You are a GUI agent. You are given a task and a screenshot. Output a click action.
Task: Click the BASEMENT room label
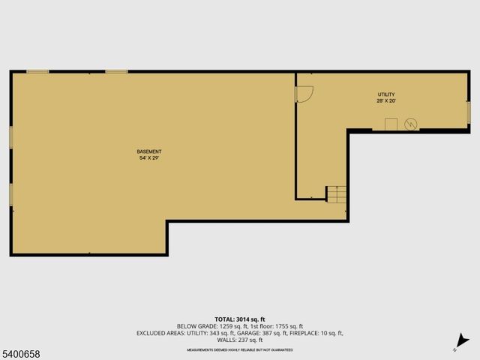149,151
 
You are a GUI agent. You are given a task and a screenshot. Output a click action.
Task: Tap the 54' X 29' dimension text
149,158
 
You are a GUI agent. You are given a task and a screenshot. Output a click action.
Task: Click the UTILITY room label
385,94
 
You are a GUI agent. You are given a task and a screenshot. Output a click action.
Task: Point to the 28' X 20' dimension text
385,100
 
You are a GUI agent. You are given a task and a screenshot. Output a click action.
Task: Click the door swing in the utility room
304,93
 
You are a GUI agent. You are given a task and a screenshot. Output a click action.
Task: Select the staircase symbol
337,193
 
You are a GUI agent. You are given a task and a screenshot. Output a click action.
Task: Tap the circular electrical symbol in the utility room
410,124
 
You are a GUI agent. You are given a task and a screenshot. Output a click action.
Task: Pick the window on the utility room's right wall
469,111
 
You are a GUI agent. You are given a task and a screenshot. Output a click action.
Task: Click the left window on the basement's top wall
37,72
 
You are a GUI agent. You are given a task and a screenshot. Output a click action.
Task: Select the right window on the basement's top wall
116,72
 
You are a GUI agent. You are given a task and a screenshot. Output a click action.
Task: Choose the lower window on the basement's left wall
10,194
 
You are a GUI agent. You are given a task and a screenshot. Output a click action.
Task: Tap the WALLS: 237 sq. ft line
240,340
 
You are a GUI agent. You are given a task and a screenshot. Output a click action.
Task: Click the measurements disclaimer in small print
240,350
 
